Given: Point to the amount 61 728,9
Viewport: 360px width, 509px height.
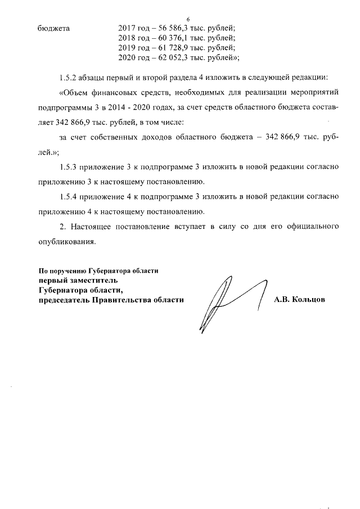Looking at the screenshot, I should click(x=168, y=48).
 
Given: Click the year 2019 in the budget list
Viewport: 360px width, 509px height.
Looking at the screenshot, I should click(x=128, y=48).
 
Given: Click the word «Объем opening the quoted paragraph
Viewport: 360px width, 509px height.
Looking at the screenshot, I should click(x=75, y=92).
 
